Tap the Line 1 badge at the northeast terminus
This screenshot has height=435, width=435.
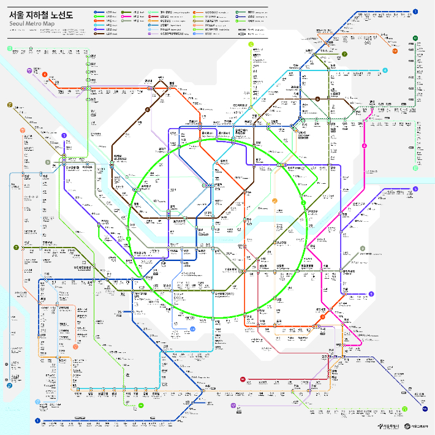415,11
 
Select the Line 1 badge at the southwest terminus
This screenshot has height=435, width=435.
38,421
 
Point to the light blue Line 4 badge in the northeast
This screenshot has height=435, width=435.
385,70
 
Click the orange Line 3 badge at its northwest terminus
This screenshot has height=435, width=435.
45,75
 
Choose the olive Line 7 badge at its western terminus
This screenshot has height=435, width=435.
16,248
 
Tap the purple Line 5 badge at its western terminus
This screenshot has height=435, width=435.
64,135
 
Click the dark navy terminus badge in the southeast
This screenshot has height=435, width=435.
425,408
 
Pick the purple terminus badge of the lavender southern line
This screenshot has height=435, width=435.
233,406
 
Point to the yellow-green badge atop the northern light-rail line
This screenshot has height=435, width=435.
251,45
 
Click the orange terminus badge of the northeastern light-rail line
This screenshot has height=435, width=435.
395,51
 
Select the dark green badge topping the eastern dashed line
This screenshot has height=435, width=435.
415,39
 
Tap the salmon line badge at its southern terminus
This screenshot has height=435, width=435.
76,347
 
